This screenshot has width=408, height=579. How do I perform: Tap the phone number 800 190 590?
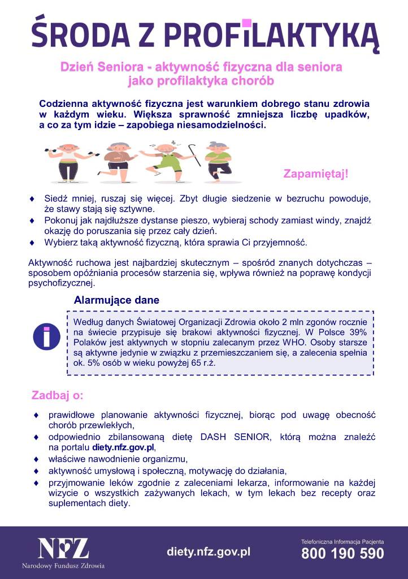(x=342, y=554)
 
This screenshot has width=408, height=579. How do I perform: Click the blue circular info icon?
(x=47, y=336)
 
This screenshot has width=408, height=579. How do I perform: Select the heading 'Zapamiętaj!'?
(x=316, y=174)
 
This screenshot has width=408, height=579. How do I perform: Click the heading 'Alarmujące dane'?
(x=116, y=300)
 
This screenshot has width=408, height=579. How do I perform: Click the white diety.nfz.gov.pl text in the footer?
(x=209, y=551)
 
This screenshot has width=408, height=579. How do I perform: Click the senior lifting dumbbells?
(x=68, y=161)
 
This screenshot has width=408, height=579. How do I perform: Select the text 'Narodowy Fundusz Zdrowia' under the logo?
(x=63, y=565)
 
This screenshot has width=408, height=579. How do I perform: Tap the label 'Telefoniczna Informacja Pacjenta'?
(x=342, y=541)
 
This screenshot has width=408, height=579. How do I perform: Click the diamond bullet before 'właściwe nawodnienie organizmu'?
(x=37, y=459)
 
